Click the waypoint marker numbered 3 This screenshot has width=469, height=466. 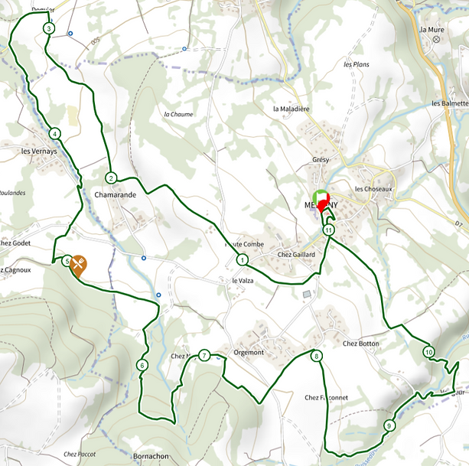(x=49, y=28)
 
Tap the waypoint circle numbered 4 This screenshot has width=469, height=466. (x=54, y=134)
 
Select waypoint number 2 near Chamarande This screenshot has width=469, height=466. (x=111, y=178)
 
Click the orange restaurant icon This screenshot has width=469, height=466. (x=78, y=264)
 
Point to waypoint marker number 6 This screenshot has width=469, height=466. (x=142, y=365)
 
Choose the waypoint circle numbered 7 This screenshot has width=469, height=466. (x=204, y=355)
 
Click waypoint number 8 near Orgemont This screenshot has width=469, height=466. (x=317, y=356)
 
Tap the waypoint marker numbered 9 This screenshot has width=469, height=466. (x=389, y=425)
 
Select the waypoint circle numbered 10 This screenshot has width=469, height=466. (x=428, y=352)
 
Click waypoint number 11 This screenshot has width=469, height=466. (x=329, y=230)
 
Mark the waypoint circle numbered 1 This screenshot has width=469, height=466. (x=243, y=260)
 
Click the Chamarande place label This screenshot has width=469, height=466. (x=115, y=195)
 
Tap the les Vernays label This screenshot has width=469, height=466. (x=36, y=152)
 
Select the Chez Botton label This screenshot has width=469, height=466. (x=361, y=344)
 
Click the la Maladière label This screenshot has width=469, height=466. (x=291, y=109)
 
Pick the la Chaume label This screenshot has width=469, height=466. (x=178, y=115)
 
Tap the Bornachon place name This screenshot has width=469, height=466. (x=151, y=456)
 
